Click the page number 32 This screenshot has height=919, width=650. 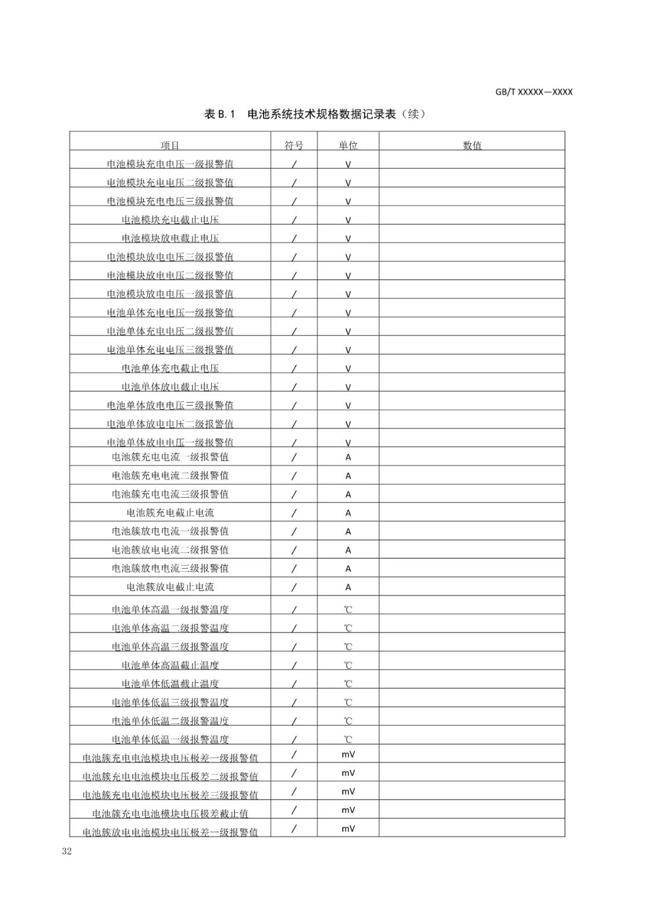click(x=66, y=851)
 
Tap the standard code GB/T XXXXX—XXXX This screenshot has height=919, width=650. click(x=534, y=92)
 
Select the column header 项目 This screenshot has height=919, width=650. click(x=170, y=146)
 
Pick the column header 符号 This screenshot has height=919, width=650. click(x=294, y=146)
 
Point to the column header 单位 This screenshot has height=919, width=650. click(x=348, y=146)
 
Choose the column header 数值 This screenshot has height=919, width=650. click(x=472, y=146)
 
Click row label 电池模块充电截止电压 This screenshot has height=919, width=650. click(x=170, y=220)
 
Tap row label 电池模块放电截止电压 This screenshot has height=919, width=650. click(x=170, y=238)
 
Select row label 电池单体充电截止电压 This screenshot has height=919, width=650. click(x=170, y=368)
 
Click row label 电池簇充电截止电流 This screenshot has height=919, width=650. click(x=170, y=513)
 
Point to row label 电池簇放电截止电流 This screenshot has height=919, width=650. click(x=170, y=587)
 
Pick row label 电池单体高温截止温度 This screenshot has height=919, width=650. click(x=170, y=665)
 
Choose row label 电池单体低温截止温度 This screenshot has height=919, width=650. click(x=170, y=684)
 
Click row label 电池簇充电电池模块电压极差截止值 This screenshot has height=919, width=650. click(x=170, y=814)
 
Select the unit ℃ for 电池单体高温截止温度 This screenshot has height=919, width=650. click(x=348, y=666)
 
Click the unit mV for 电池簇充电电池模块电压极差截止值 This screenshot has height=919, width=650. click(x=348, y=810)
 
